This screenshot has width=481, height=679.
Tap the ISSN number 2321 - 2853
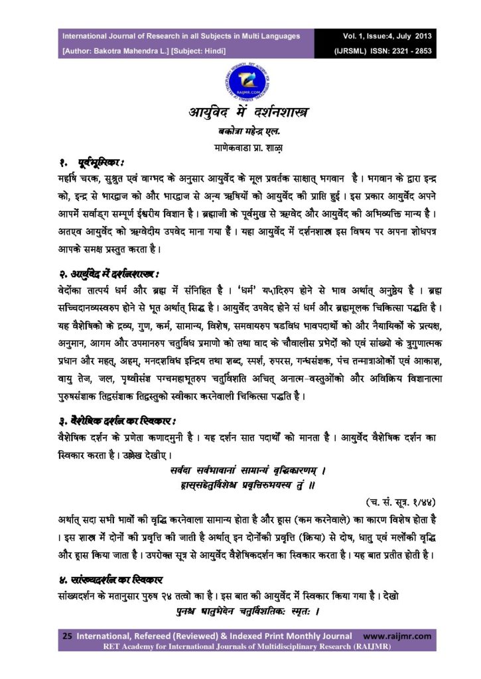point(405,50)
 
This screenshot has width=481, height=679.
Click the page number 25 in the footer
point(67,636)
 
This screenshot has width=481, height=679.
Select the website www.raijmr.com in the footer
point(397,636)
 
